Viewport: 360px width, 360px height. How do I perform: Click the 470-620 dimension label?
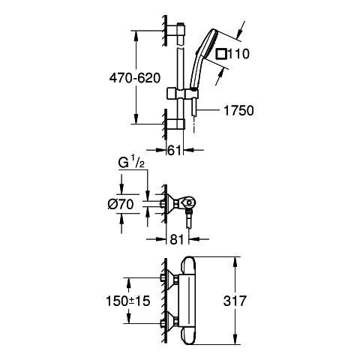tap(135, 78)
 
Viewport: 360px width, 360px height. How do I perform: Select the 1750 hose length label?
tap(238, 111)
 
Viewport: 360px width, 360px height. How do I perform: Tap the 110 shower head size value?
tap(238, 54)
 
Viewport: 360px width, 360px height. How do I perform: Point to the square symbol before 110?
tap(222, 54)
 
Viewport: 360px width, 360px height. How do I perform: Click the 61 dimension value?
tap(175, 151)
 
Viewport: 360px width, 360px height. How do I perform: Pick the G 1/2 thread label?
tap(131, 163)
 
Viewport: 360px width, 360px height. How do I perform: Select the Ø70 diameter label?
tap(121, 205)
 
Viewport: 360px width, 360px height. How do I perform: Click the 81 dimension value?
tap(177, 239)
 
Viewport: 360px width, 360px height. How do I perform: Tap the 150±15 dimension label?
tap(128, 301)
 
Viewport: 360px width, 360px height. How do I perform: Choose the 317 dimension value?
tap(235, 301)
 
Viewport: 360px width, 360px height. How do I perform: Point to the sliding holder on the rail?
tap(183, 94)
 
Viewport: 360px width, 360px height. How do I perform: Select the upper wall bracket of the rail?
tap(175, 30)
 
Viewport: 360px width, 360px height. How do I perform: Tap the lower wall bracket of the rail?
tap(175, 124)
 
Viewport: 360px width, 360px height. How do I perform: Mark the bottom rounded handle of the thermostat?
tap(189, 335)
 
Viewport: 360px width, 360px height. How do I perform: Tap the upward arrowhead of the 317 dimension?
tap(235, 262)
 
